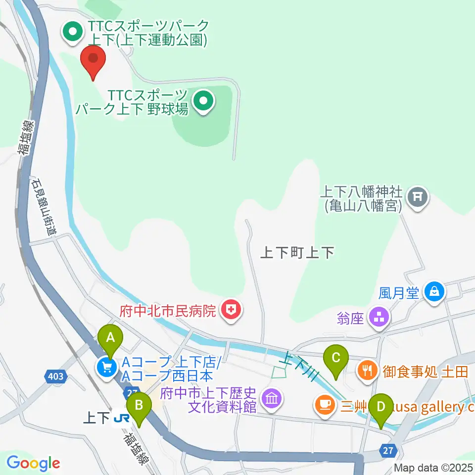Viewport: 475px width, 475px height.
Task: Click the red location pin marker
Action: coord(94,59)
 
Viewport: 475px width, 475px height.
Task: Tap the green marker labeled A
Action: coord(110,339)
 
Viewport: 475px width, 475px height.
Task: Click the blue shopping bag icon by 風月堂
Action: coord(434,291)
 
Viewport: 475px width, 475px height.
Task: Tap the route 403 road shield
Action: coord(56,377)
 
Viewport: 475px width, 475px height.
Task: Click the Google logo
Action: coord(33,464)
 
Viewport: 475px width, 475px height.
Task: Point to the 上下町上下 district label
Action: coord(297,253)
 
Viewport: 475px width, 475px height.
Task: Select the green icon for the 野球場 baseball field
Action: coord(203,102)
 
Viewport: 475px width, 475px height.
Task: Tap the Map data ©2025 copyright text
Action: coord(433,468)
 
